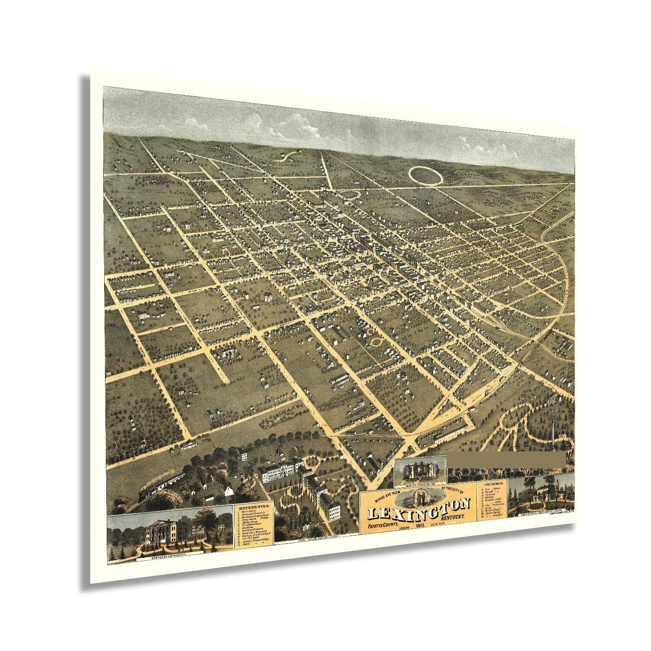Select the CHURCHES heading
[x=493, y=483]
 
